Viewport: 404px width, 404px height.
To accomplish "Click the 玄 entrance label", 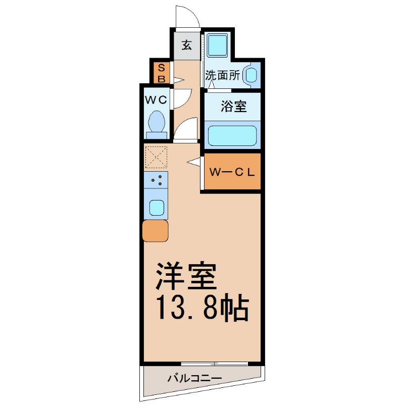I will [187, 45].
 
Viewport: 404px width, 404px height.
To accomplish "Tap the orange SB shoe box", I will [162, 73].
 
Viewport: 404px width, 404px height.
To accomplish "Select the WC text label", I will [156, 99].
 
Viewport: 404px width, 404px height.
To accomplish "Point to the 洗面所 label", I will [222, 76].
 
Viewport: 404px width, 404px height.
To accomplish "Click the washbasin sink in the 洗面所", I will [251, 75].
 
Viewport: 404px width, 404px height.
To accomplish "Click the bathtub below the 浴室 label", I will [233, 135].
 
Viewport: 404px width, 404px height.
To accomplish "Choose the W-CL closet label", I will [232, 171].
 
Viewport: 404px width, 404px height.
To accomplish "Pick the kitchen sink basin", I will [156, 207].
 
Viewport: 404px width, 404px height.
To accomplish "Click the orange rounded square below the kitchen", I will [156, 231].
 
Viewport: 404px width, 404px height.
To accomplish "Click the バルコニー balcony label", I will [194, 378].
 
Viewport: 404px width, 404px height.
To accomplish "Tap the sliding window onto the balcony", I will [214, 363].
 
